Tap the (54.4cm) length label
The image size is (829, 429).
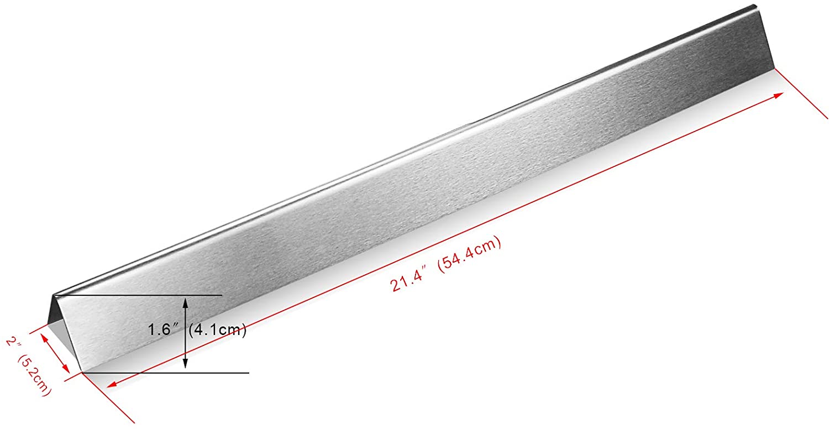(469, 255)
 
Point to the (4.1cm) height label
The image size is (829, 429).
(218, 329)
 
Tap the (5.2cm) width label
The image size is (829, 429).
(33, 375)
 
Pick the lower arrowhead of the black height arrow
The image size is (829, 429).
(185, 363)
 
